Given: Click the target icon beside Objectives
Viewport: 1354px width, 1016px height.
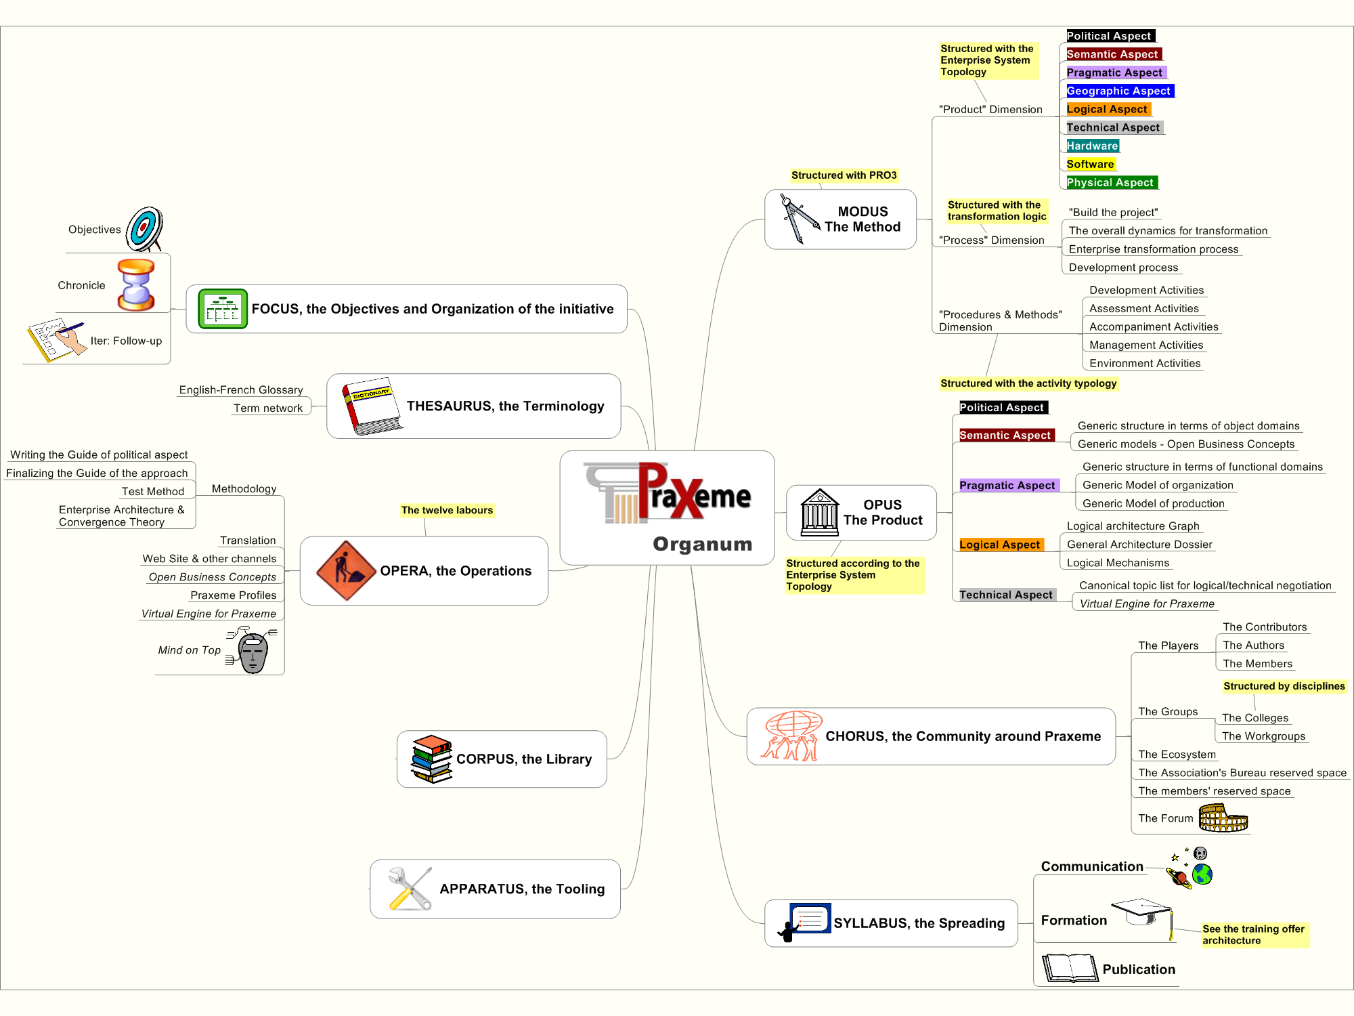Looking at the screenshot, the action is [144, 229].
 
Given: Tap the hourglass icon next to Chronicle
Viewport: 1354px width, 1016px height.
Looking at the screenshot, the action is [136, 284].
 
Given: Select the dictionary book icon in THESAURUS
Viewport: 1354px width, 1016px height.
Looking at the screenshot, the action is [372, 406].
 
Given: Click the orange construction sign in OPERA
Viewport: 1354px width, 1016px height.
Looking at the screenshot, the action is [346, 570].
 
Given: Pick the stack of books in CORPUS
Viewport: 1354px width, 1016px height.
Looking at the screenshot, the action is [432, 759].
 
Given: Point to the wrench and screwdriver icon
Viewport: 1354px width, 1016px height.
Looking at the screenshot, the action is [410, 889].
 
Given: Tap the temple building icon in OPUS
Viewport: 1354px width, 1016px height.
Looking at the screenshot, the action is [820, 512].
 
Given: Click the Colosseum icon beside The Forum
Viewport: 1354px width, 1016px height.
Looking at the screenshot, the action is [1223, 818].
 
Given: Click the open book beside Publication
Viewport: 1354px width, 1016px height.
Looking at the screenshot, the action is [1070, 968].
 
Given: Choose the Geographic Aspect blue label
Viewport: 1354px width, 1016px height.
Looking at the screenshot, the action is [1118, 91].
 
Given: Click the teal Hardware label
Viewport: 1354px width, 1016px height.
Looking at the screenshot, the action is [1093, 146].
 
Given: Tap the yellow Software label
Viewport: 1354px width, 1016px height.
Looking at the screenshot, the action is [1090, 164].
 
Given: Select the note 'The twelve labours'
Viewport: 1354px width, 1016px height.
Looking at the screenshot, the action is [447, 510].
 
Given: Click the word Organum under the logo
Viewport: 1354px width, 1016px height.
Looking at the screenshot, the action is [703, 544].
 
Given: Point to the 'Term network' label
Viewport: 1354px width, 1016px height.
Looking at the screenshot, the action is [268, 408].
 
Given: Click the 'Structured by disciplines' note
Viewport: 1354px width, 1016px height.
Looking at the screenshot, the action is [1284, 686].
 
